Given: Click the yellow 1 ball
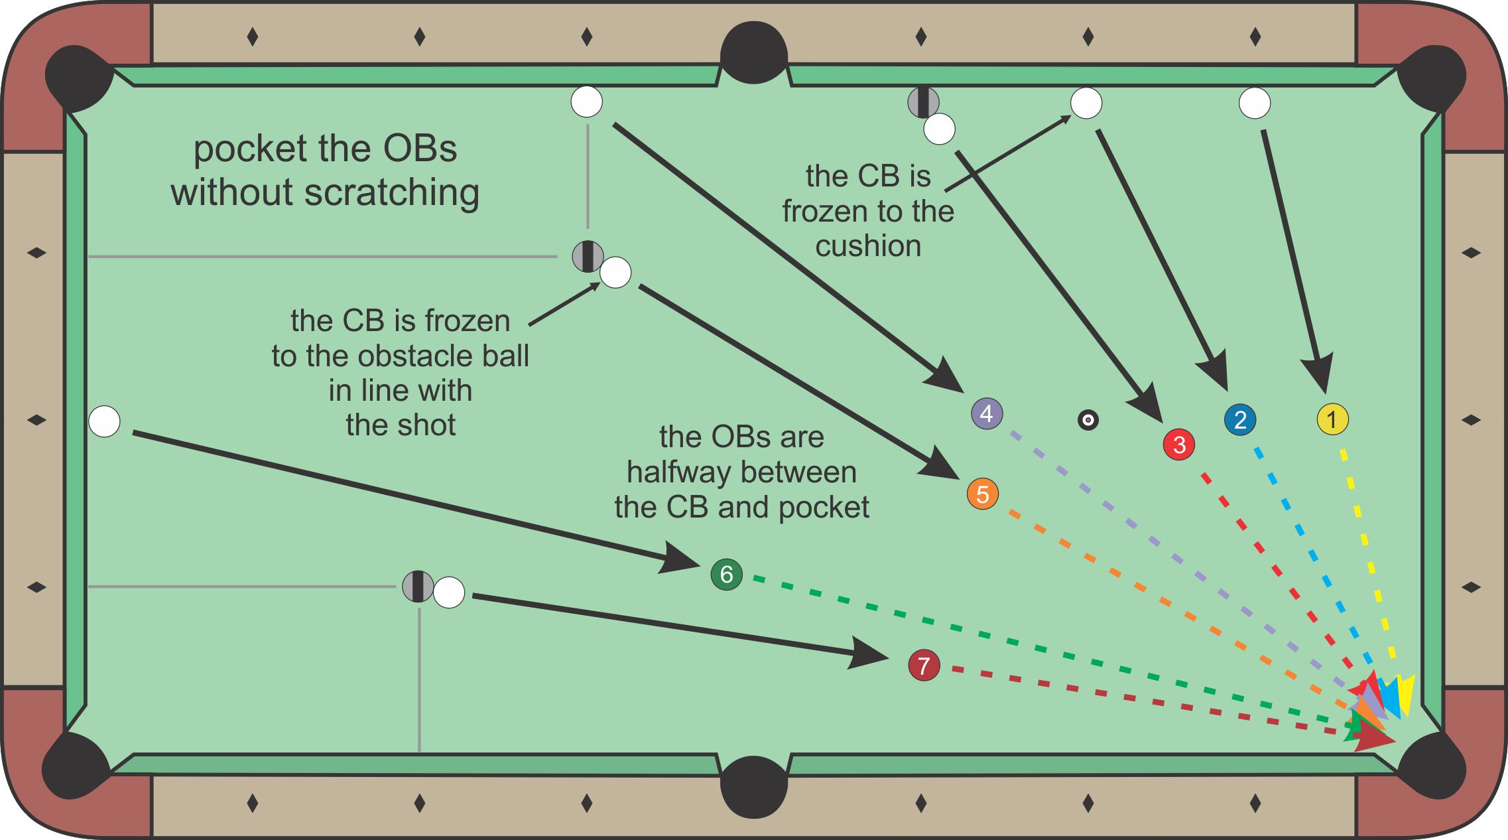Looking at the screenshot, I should [x=1332, y=419].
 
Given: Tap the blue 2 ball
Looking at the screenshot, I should [x=1240, y=419].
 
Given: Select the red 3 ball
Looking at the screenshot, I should [x=1179, y=445].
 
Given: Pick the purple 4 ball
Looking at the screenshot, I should [x=987, y=413].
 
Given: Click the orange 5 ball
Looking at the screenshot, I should [x=983, y=494].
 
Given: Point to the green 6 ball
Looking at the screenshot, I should [x=726, y=574].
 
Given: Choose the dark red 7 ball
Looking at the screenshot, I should [x=924, y=665].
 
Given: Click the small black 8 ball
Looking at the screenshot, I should [x=1088, y=419].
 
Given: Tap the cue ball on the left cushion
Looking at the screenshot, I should [x=104, y=421].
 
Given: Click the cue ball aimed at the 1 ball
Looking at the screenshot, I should [x=1255, y=103].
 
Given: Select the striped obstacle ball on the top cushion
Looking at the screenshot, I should [x=923, y=102].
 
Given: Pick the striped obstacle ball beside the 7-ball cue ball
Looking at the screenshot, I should [x=418, y=587].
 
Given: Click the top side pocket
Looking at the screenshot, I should [x=754, y=53].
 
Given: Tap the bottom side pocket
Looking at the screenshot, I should [x=754, y=787].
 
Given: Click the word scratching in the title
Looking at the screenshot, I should [x=392, y=192].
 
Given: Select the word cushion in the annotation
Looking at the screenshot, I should [x=868, y=246].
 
